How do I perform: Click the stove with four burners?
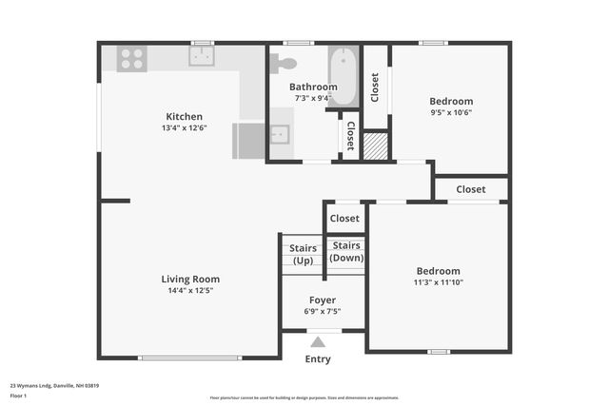[131, 59]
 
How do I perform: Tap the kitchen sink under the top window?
[202, 57]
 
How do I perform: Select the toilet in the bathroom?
[284, 64]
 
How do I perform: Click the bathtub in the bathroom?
[344, 76]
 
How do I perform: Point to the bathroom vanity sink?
[280, 134]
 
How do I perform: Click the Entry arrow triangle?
[318, 342]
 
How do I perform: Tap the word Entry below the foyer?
[318, 359]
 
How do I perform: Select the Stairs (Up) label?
[303, 255]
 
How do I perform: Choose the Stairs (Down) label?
[346, 251]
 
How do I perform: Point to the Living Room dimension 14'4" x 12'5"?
[190, 291]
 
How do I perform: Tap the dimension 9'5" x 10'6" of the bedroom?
[451, 112]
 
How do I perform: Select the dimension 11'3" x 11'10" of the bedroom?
[438, 282]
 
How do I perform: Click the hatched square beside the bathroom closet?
[377, 145]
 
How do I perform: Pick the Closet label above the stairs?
[344, 218]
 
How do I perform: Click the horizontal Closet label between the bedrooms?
[470, 189]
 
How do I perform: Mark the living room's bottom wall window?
[190, 358]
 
